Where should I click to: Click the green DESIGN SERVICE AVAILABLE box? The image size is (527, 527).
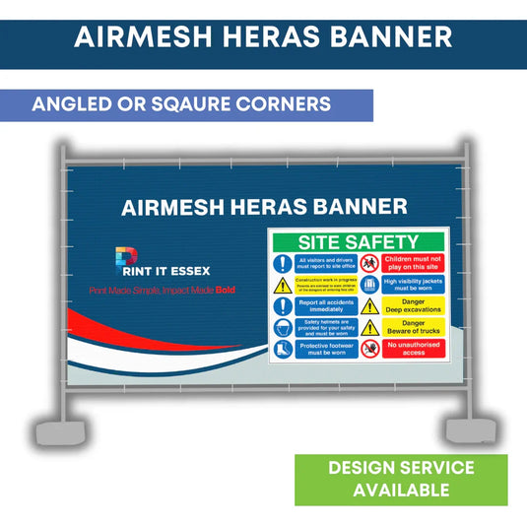(401, 478)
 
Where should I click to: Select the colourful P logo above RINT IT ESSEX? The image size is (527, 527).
(126, 260)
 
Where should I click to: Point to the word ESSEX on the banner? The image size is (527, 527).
(187, 270)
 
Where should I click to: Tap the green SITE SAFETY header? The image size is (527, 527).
(359, 242)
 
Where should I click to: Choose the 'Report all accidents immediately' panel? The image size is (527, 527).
(318, 306)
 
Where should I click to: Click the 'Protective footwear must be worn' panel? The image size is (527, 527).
(318, 349)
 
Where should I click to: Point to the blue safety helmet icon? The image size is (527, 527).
(283, 327)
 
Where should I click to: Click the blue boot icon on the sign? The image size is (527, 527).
(283, 349)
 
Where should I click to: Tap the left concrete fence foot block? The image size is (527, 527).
(50, 430)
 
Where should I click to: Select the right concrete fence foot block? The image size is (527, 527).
(468, 429)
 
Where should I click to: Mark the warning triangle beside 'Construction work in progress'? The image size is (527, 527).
(283, 285)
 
